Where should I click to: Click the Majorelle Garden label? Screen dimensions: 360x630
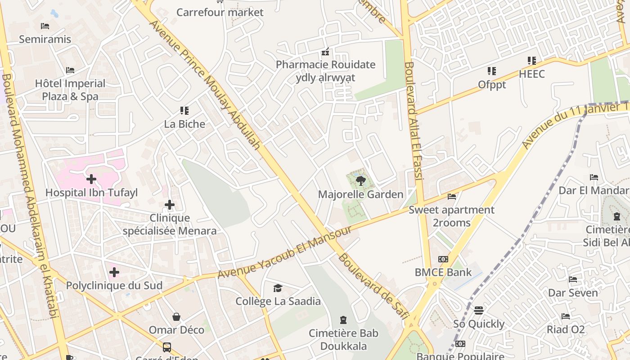pyautogui.click(x=360, y=194)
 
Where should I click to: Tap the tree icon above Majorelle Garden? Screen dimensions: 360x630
pyautogui.click(x=360, y=181)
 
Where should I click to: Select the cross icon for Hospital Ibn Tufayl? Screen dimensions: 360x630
pyautogui.click(x=91, y=179)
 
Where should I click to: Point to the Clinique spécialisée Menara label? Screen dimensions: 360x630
pyautogui.click(x=170, y=225)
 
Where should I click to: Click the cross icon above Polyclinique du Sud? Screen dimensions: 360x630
pyautogui.click(x=114, y=272)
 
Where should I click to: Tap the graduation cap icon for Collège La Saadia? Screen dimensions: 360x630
pyautogui.click(x=278, y=288)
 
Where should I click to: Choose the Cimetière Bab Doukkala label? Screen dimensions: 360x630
pyautogui.click(x=343, y=340)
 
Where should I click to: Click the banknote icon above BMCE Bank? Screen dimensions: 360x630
pyautogui.click(x=443, y=259)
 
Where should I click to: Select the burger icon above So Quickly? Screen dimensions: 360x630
pyautogui.click(x=479, y=310)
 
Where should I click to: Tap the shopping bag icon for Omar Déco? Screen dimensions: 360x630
pyautogui.click(x=176, y=317)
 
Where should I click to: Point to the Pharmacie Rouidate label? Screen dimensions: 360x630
pyautogui.click(x=325, y=64)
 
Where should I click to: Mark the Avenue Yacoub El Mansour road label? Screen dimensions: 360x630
pyautogui.click(x=284, y=252)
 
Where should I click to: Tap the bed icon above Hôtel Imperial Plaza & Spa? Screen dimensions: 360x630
pyautogui.click(x=70, y=70)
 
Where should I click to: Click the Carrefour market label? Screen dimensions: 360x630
pyautogui.click(x=220, y=12)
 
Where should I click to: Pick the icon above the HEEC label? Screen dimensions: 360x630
pyautogui.click(x=532, y=61)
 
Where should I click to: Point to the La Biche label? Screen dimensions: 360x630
pyautogui.click(x=184, y=124)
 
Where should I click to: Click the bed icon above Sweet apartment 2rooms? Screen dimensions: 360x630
pyautogui.click(x=452, y=197)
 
